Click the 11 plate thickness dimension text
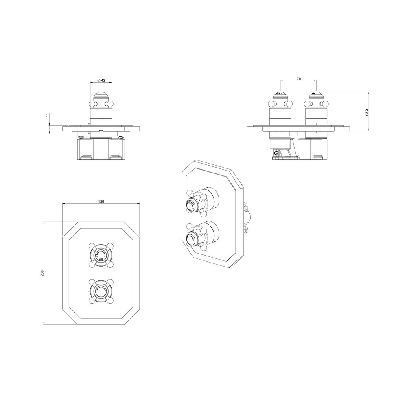[48, 116]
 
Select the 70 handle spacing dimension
[299, 79]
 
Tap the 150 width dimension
[102, 201]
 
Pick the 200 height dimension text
[42, 273]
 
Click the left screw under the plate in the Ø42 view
[81, 136]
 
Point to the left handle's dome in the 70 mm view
[281, 96]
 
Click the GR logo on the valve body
[276, 153]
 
